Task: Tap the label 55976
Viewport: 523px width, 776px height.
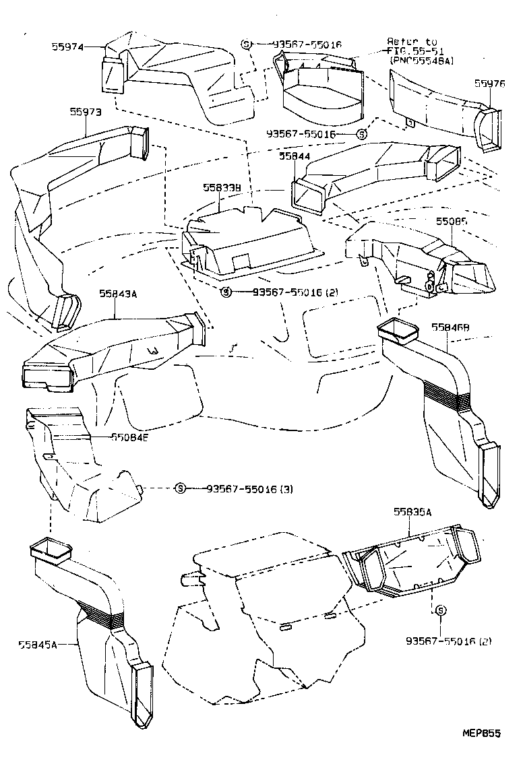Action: click(x=489, y=84)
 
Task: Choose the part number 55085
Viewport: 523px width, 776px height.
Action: click(x=452, y=221)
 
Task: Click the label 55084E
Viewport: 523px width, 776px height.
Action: click(x=131, y=437)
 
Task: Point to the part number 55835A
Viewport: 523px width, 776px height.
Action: click(x=412, y=511)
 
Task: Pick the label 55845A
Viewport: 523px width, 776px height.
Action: click(x=36, y=644)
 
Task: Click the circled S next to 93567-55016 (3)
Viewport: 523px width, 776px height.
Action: click(x=180, y=488)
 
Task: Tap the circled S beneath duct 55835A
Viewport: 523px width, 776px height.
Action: click(x=439, y=610)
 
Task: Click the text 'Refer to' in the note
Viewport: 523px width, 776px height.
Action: click(x=412, y=41)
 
